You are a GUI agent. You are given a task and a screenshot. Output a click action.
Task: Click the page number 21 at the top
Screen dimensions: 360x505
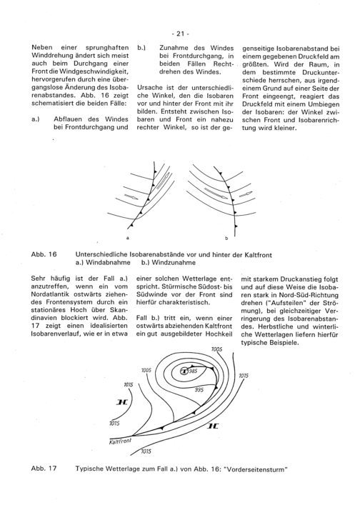[180, 34]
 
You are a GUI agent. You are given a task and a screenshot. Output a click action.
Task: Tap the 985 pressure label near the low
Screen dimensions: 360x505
[193, 371]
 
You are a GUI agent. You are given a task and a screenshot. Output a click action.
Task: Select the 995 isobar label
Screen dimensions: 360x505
[199, 390]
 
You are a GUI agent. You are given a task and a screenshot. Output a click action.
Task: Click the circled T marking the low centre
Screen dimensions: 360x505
[184, 371]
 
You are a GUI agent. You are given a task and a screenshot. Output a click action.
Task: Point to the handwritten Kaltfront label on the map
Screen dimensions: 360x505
[120, 441]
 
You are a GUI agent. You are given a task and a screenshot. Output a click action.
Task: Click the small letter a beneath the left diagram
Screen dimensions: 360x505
[128, 238]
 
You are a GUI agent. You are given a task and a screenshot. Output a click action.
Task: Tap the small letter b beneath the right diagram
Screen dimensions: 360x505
[226, 239]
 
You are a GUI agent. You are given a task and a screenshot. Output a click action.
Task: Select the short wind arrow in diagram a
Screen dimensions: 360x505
[131, 196]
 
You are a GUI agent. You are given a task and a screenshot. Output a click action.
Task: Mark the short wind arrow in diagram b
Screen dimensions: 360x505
[246, 194]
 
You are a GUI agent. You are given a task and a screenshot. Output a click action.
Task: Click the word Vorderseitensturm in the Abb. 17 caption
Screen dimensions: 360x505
[256, 469]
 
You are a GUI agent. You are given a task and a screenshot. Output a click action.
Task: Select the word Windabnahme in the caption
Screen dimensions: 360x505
[108, 262]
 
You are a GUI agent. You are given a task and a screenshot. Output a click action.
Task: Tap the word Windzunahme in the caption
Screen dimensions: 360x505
[174, 262]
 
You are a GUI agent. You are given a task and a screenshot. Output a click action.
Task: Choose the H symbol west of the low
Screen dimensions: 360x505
[122, 402]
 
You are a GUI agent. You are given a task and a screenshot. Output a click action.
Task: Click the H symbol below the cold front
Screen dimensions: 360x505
[213, 426]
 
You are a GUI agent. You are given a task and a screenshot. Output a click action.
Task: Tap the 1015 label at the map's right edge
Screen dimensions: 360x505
[244, 376]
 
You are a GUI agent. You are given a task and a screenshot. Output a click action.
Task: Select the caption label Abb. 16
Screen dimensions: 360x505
[44, 254]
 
